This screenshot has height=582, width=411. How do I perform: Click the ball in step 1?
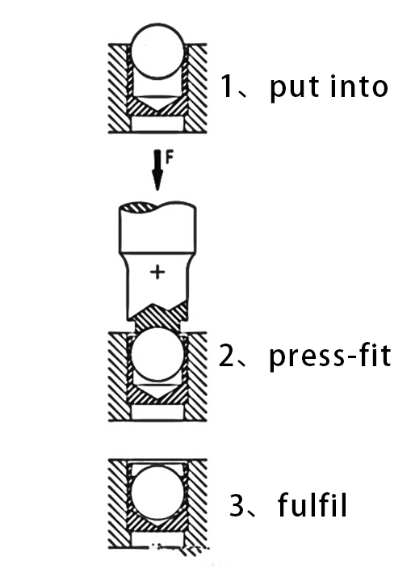(x=157, y=51)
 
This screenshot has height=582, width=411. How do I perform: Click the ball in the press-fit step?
(x=157, y=354)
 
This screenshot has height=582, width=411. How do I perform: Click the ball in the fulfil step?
(x=157, y=492)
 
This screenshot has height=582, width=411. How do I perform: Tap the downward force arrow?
(x=157, y=170)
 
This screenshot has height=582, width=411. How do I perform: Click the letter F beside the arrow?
(x=169, y=158)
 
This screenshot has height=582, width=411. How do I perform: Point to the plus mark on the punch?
(x=157, y=272)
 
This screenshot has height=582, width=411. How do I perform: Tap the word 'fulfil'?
(x=312, y=504)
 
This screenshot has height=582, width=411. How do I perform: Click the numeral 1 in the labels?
(x=227, y=86)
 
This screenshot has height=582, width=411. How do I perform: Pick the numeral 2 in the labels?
(x=227, y=356)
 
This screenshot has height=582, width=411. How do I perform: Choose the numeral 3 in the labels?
(x=237, y=504)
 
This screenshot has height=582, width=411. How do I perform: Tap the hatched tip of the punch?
(x=157, y=317)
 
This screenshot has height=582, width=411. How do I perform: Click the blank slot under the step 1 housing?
(x=157, y=124)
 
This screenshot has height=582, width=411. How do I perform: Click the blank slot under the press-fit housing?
(x=157, y=412)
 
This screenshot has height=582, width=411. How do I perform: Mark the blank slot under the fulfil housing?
(x=157, y=540)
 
